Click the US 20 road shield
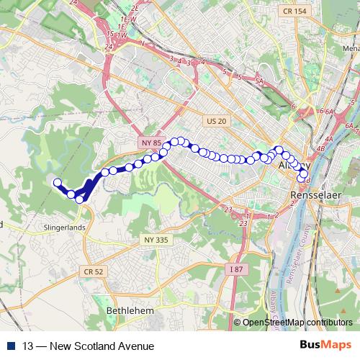coord(215,122)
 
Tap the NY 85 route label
coord(150,143)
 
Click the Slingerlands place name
coord(64,227)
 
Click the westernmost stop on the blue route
coord(56,182)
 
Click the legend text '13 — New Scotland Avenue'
coord(88,346)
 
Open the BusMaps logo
coord(326,346)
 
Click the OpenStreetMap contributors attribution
coord(297,323)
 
